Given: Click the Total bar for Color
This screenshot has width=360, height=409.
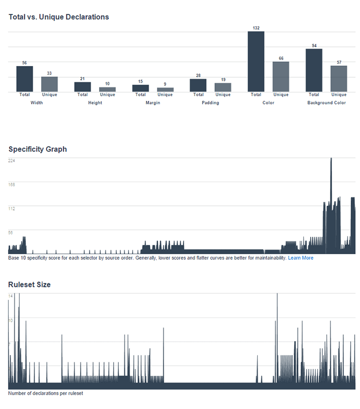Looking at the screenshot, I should [x=256, y=62].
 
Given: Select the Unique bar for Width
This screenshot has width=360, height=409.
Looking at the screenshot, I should [x=49, y=84].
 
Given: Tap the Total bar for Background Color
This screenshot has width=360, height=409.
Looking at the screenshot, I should [x=314, y=70].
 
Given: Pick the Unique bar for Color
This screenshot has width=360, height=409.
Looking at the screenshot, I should [x=281, y=77].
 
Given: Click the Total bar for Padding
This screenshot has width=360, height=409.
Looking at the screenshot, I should [x=198, y=85].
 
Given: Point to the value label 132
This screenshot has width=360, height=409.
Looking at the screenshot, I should [x=256, y=28].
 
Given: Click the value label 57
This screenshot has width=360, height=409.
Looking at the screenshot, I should [x=339, y=62].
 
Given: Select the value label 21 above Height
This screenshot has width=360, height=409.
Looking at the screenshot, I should [x=82, y=79].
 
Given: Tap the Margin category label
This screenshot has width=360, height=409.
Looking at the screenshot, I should [x=153, y=103].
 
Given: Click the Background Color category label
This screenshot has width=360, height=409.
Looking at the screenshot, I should [x=327, y=103].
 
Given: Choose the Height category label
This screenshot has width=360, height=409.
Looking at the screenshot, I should [x=95, y=103].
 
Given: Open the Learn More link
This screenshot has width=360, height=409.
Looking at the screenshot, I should [x=300, y=258].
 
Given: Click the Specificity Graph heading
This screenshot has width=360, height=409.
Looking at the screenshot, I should [x=38, y=149].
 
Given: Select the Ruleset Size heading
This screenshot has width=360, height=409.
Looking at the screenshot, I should [x=29, y=284].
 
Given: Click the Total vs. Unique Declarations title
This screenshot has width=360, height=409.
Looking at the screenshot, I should [x=59, y=17].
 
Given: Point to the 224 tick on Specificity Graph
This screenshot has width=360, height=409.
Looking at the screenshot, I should [x=12, y=161].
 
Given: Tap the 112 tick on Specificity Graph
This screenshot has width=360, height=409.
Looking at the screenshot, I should [x=12, y=208].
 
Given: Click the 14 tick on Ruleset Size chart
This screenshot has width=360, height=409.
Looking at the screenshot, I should [x=10, y=296].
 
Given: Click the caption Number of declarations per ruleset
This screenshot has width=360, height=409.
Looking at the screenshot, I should [x=45, y=394].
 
